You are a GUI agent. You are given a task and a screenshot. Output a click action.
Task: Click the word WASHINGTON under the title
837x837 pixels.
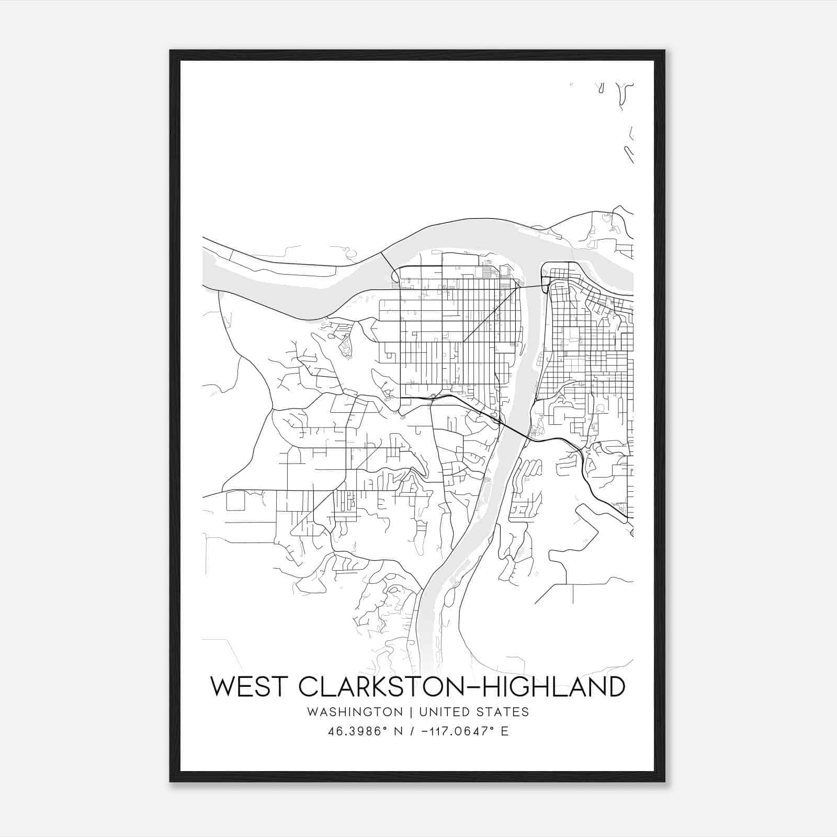355,712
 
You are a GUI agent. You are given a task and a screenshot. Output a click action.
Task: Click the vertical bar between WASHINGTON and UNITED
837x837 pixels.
411,712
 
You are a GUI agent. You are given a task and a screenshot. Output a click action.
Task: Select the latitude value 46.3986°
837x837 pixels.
357,731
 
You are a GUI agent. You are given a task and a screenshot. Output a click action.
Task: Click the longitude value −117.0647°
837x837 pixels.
458,731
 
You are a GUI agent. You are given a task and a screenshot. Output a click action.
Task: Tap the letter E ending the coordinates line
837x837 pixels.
505,731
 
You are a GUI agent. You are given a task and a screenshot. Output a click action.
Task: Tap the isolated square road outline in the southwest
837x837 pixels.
235,501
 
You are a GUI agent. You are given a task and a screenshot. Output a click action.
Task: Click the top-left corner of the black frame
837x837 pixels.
171,51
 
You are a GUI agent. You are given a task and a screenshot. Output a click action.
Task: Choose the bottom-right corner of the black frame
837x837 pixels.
664,781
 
